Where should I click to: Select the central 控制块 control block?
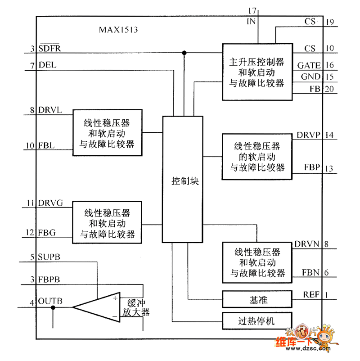pos(184,181)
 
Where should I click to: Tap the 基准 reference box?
pos(257,299)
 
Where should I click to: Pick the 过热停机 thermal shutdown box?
pos(257,321)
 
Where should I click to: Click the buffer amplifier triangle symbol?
pos(97,307)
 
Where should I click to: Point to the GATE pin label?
pos(309,66)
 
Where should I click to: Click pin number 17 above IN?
pos(252,10)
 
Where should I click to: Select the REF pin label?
pos(311,295)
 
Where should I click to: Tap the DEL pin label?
pos(47,65)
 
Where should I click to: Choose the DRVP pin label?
pos(308,135)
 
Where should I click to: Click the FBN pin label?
pos(311,272)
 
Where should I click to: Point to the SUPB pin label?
pos(50,257)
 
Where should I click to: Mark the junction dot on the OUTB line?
pos(53,307)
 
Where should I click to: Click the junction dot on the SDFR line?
pos(184,53)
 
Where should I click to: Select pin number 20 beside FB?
pos(329,89)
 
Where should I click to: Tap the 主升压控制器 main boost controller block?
pos(257,71)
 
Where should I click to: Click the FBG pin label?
pos(47,232)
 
